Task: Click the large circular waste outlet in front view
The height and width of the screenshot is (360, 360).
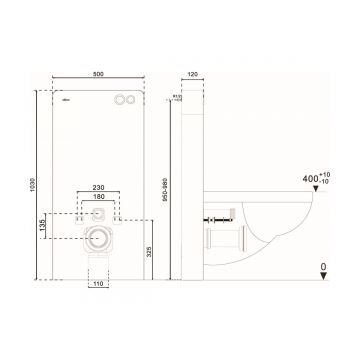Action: click(x=98, y=237)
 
